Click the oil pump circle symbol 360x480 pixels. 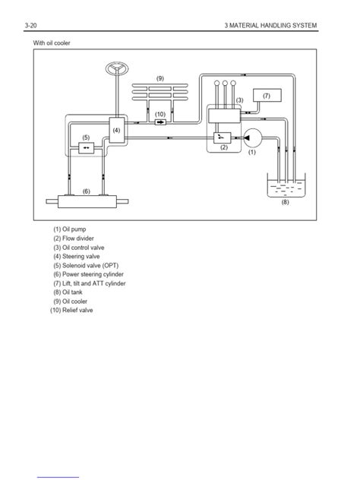pyautogui.click(x=253, y=137)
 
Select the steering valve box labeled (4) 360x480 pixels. pyautogui.click(x=118, y=131)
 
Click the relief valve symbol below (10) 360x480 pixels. pyautogui.click(x=160, y=122)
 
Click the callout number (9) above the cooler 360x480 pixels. pyautogui.click(x=160, y=78)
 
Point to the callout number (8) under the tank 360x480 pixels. pyautogui.click(x=285, y=202)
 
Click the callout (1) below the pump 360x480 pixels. pyautogui.click(x=252, y=152)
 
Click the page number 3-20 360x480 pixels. pyautogui.click(x=33, y=26)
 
